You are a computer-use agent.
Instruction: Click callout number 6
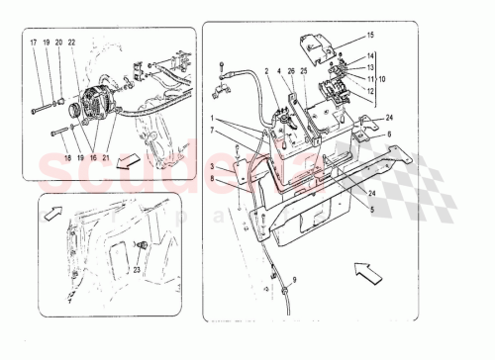(x=389, y=135)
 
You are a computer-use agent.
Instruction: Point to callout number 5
(x=371, y=209)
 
